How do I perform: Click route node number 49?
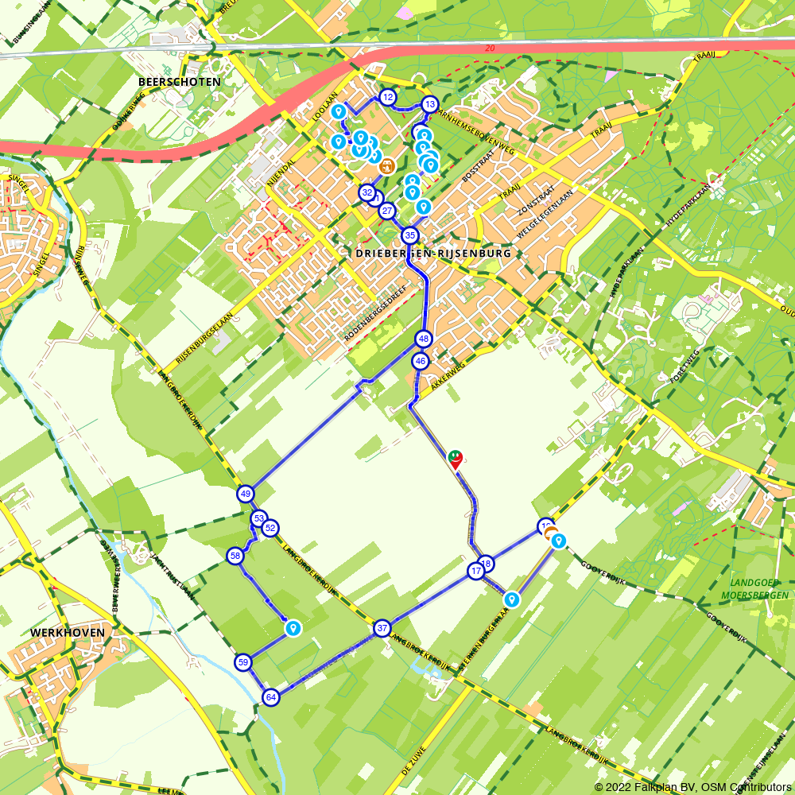[x=246, y=494]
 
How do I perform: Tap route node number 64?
[x=271, y=697]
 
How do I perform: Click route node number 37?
[x=382, y=628]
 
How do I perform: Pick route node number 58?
[x=235, y=556]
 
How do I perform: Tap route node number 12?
[x=388, y=97]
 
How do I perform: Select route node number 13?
[x=429, y=104]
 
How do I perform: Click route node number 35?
[x=409, y=235]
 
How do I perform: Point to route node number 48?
[x=423, y=339]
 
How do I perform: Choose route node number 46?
[x=421, y=361]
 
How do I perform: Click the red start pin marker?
[x=456, y=459]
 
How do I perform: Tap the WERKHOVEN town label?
[x=67, y=632]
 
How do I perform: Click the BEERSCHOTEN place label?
[x=179, y=81]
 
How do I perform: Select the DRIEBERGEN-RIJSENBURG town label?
[x=429, y=253]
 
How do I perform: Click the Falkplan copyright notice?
[x=692, y=786]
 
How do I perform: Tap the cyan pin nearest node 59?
[x=293, y=628]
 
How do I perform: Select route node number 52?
[x=270, y=528]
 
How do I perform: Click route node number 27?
[x=387, y=211]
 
